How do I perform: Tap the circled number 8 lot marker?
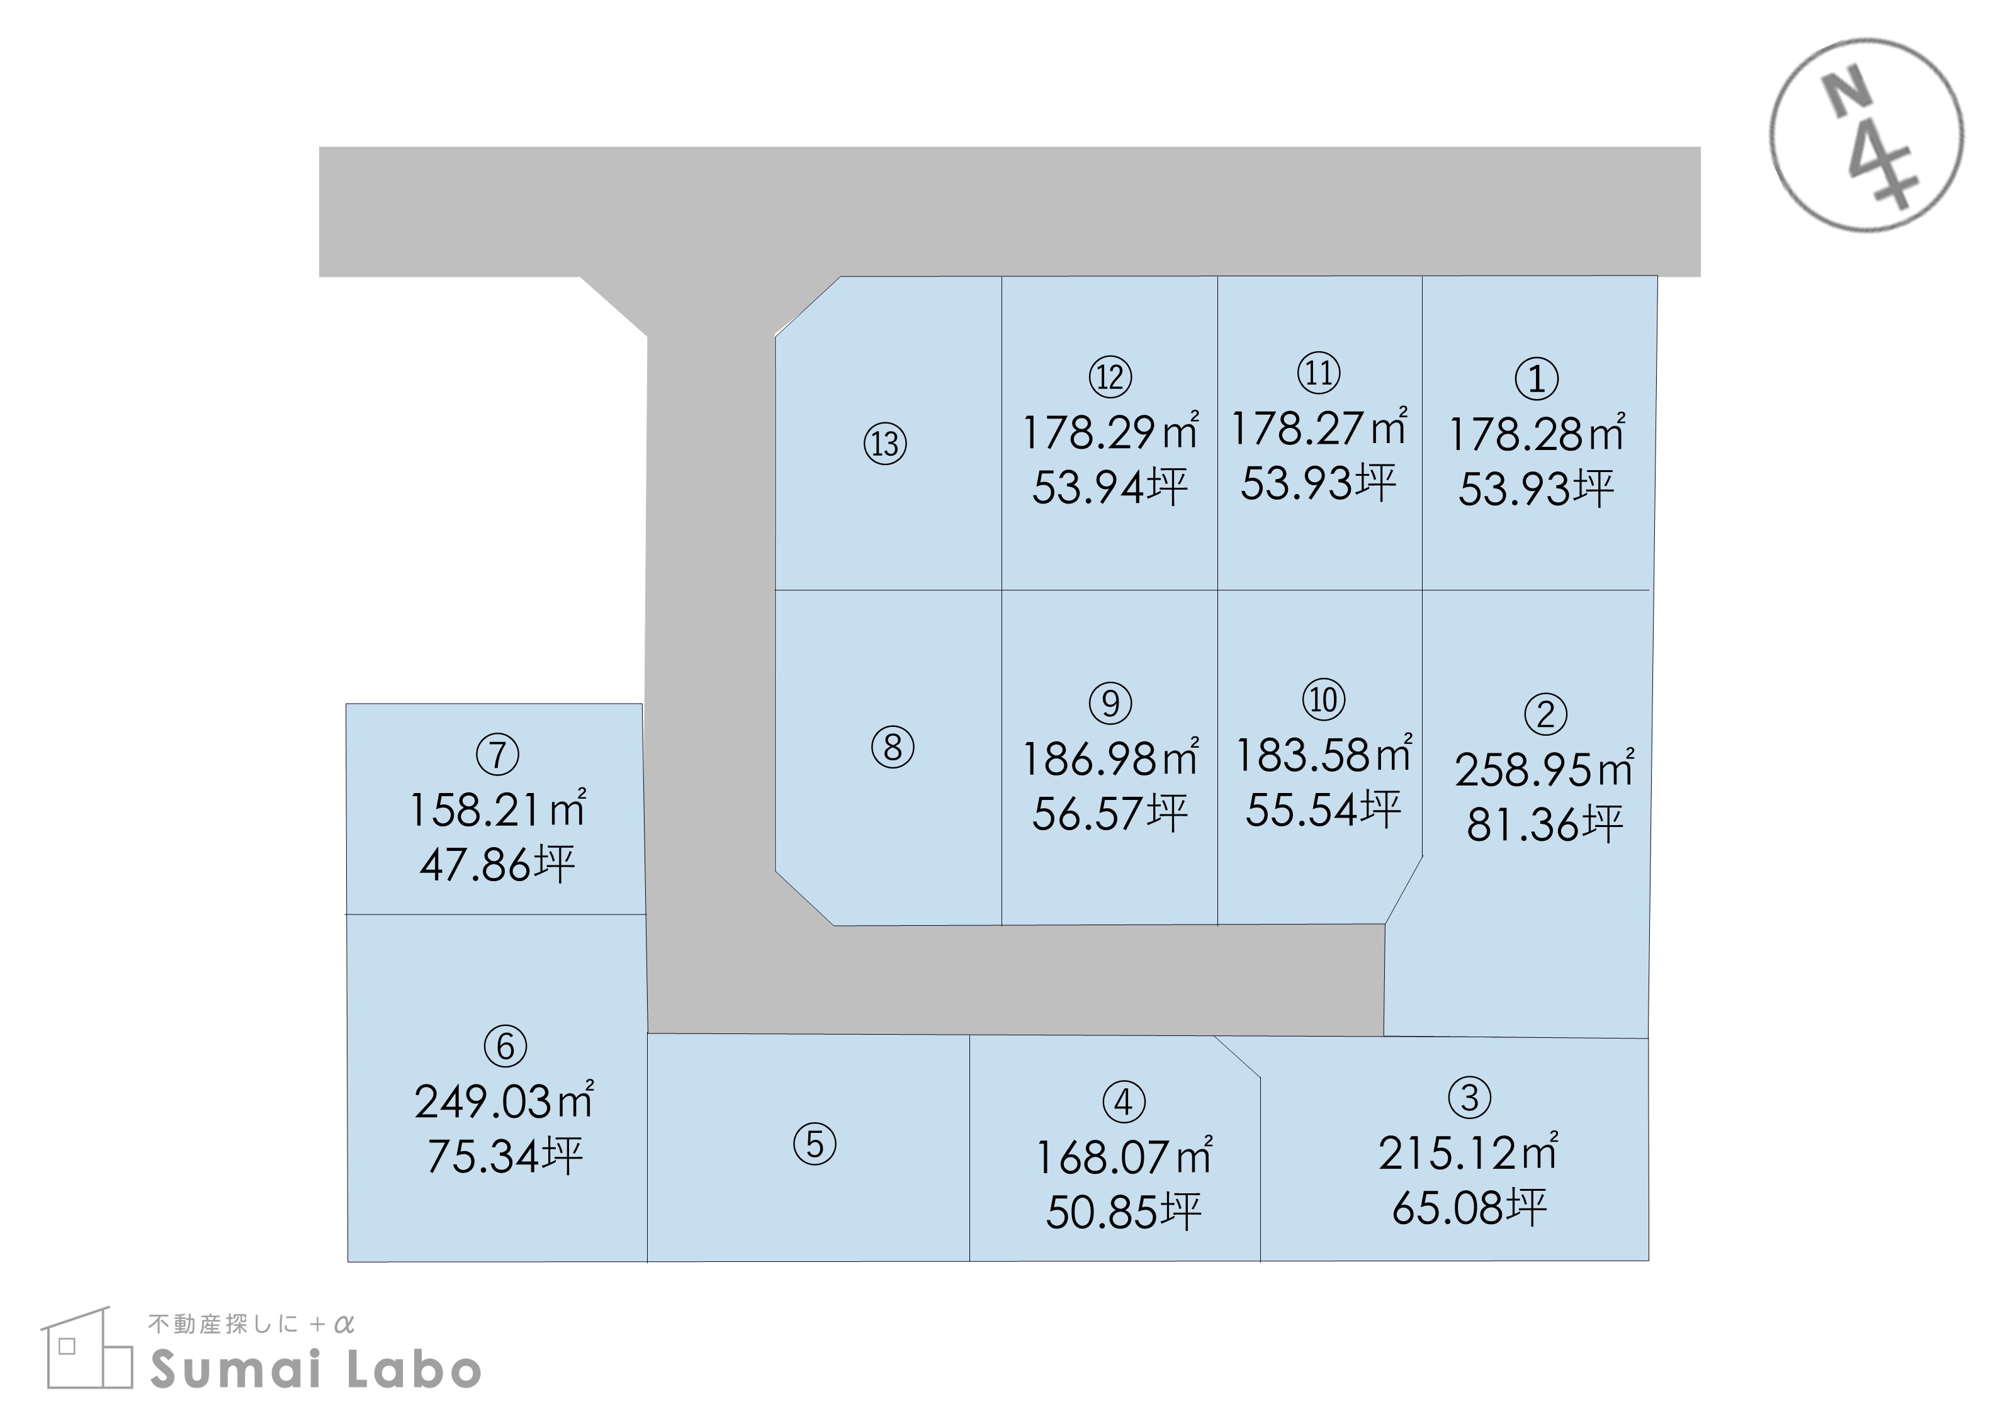(893, 748)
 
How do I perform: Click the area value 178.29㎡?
(1110, 430)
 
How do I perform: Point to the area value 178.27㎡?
(1319, 427)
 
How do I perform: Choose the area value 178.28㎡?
(1537, 432)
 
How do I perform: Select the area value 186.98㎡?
(1110, 757)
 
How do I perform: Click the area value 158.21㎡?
(498, 809)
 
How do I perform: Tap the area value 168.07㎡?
(1124, 1156)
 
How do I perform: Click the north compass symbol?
(1867, 135)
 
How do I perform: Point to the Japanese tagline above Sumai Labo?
(251, 1325)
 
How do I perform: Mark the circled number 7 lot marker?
(498, 755)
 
